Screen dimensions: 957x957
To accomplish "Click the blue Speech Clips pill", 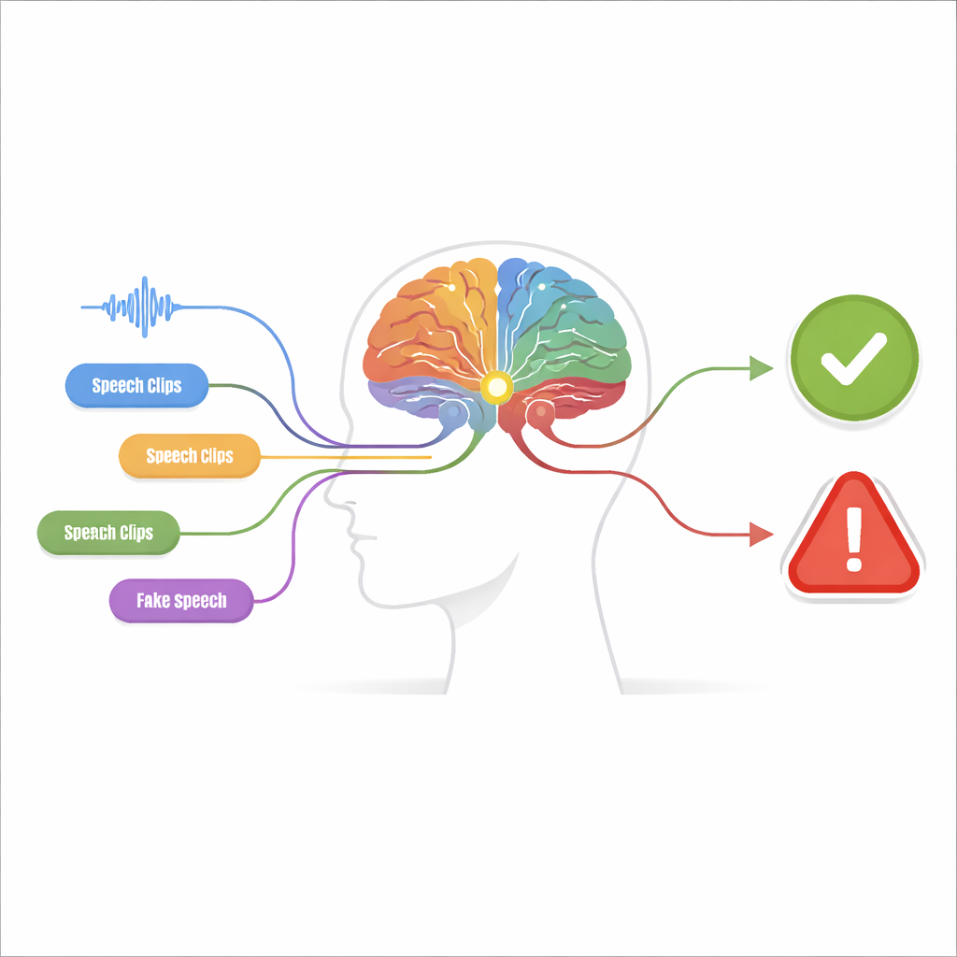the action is click(136, 385).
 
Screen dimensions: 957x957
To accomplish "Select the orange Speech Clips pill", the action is click(189, 455).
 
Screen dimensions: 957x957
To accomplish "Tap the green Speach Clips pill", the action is click(108, 532).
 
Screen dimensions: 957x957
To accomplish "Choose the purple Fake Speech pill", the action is click(181, 601).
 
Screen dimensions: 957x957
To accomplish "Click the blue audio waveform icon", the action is click(129, 307).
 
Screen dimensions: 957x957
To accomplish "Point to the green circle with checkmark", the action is click(854, 358).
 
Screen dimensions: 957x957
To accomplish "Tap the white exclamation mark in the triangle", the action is click(854, 539).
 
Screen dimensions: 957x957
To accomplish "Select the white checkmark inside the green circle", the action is click(853, 359).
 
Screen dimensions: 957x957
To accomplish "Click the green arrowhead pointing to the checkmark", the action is click(761, 368).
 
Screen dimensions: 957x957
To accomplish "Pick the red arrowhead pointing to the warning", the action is click(761, 534).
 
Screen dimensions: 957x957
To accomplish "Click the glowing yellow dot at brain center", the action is click(496, 387).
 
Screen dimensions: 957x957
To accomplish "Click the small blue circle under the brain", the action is click(453, 412).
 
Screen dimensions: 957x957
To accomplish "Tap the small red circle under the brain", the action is click(541, 412).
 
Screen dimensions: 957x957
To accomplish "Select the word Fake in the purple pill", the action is click(152, 601).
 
